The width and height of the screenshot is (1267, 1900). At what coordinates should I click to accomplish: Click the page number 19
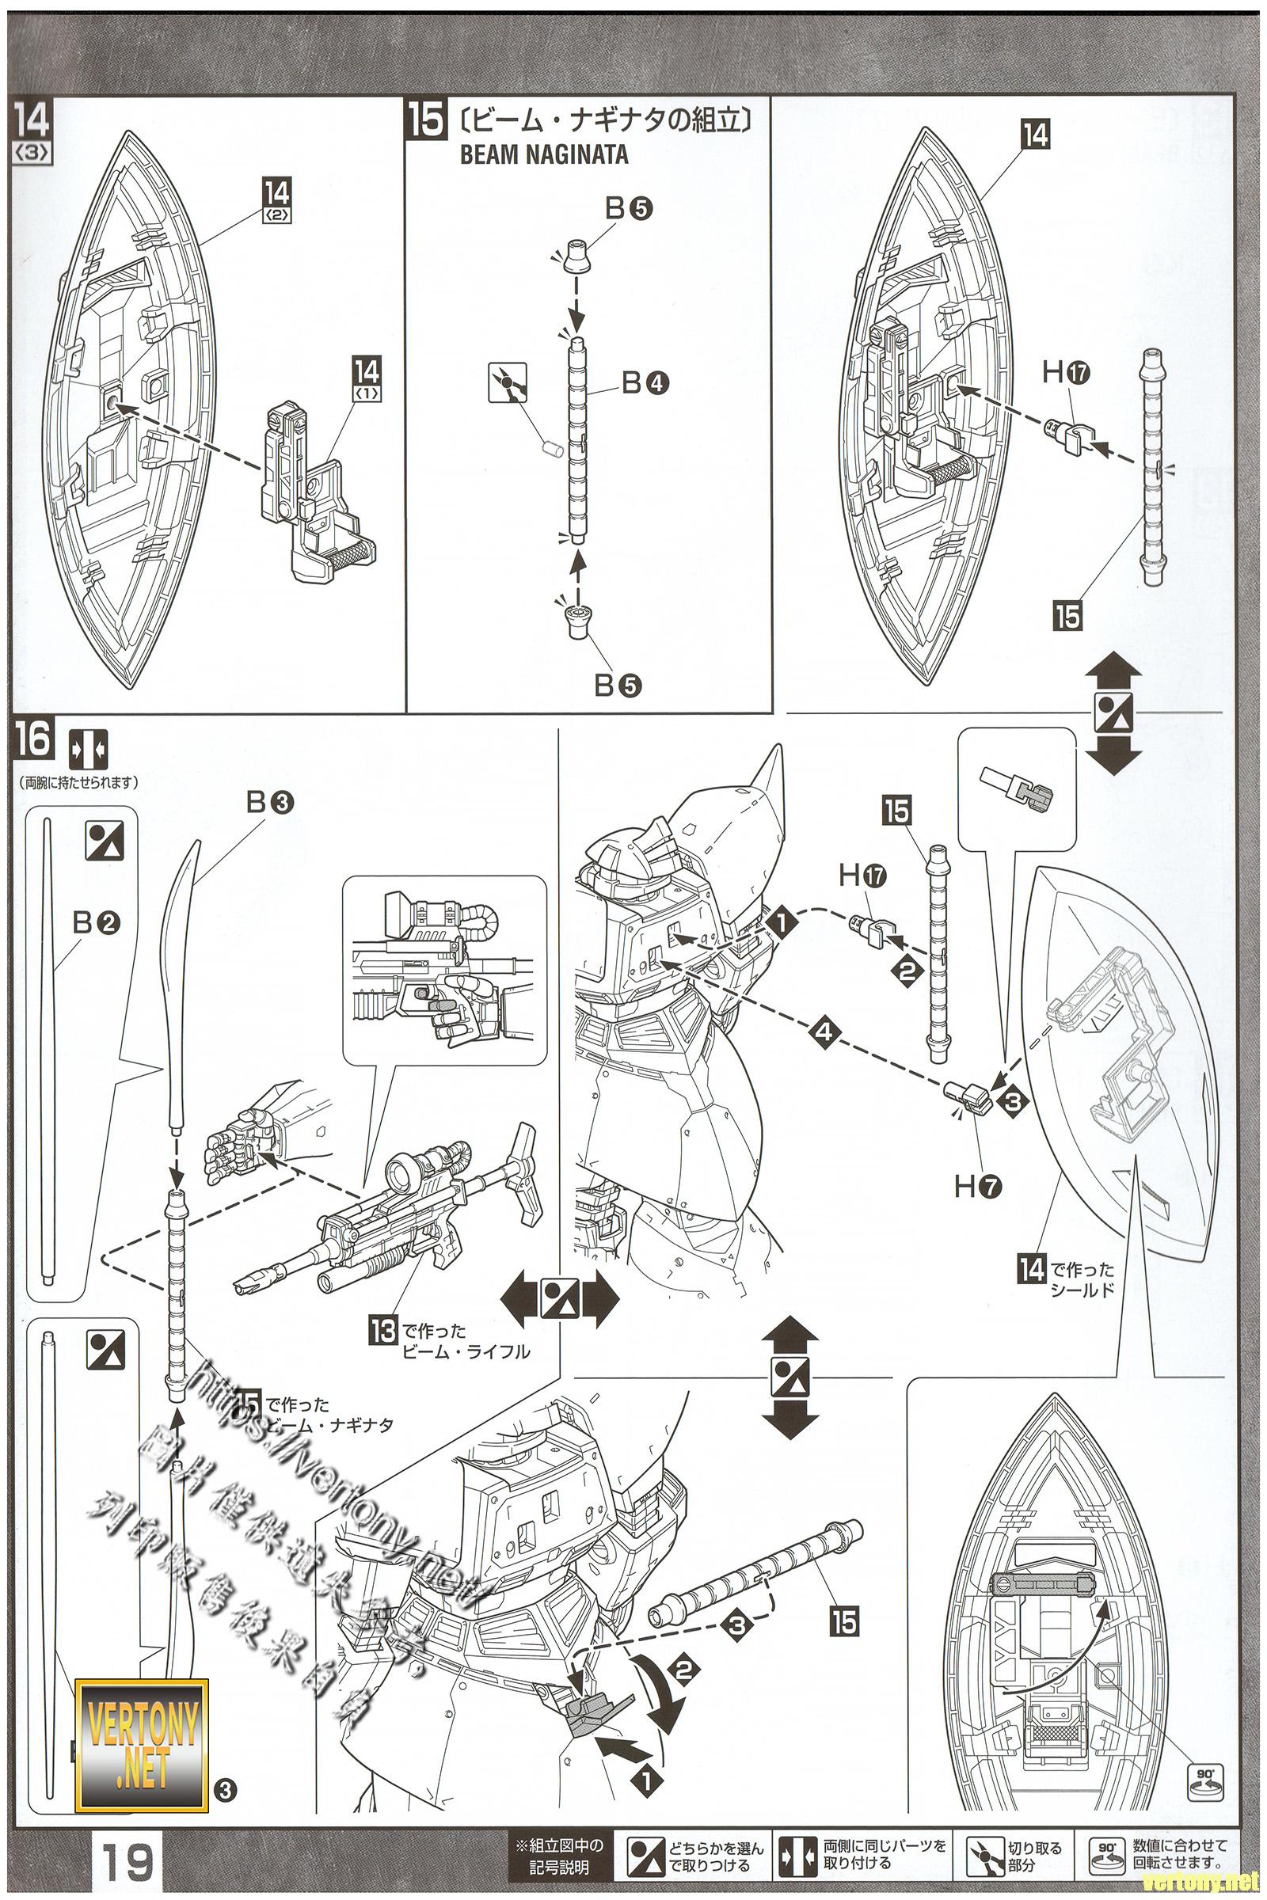coord(128,1859)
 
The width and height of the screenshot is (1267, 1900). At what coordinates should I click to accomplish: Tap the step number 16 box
coord(32,740)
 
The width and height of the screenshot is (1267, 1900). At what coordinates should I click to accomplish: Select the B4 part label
coord(645,382)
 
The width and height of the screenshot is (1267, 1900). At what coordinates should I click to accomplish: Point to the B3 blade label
coord(270,802)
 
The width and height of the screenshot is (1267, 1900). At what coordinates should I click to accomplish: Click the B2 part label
coord(95,921)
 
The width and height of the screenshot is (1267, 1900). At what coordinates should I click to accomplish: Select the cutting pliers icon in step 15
coord(508,382)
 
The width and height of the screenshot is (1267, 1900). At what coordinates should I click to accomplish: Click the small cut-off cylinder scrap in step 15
coord(551,448)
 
